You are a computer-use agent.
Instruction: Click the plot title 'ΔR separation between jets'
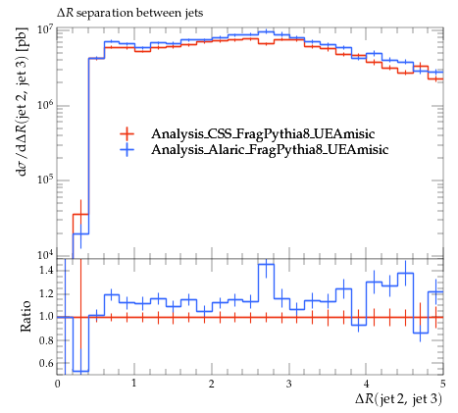click(129, 13)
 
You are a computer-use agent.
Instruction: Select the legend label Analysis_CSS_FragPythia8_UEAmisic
click(263, 133)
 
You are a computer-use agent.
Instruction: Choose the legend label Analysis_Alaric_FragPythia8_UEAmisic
click(270, 149)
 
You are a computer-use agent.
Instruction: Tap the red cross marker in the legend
click(127, 133)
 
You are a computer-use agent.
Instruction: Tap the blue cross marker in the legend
click(127, 149)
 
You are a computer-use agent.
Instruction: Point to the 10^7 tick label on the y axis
click(46, 30)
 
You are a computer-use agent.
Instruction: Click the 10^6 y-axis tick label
click(46, 105)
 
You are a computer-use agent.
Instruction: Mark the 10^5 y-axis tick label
click(46, 180)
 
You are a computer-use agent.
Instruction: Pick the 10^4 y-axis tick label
click(46, 254)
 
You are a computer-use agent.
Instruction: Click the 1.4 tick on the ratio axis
click(46, 271)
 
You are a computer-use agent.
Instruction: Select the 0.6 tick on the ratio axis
click(46, 363)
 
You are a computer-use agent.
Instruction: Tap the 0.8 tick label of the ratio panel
click(46, 340)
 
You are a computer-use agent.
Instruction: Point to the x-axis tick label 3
click(288, 384)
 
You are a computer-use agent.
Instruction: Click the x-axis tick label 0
click(58, 384)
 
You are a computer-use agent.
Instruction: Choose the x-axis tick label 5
click(442, 384)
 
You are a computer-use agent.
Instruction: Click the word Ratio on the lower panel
click(25, 316)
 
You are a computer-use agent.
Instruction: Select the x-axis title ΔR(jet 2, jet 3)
click(399, 399)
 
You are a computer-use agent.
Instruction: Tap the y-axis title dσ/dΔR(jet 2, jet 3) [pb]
click(23, 106)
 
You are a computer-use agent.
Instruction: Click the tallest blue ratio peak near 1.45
click(267, 264)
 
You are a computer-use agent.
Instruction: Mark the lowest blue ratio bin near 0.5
click(80, 371)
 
